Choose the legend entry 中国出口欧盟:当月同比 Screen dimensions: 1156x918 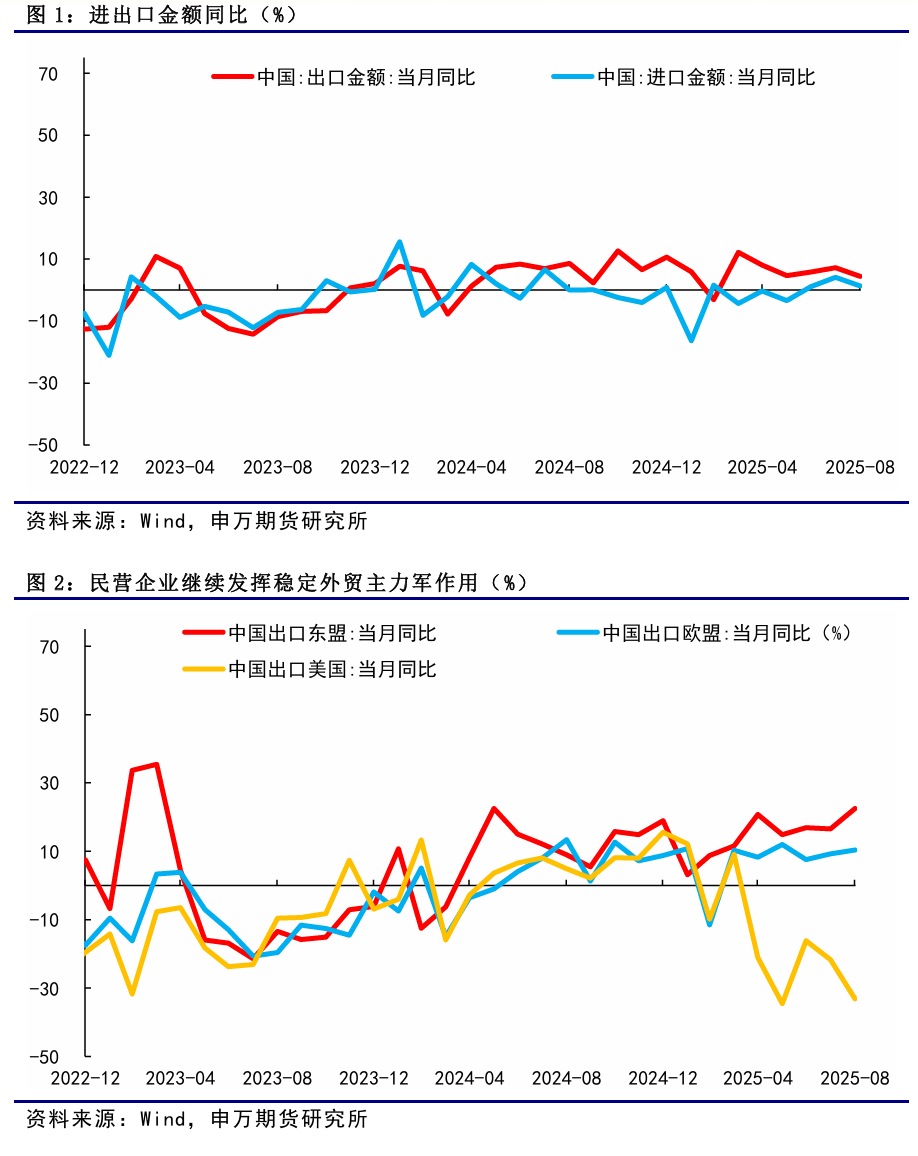[725, 633]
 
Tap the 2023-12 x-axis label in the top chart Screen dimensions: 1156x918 [375, 467]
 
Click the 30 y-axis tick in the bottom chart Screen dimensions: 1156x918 [51, 783]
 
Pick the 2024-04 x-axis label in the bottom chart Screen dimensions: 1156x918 [471, 1079]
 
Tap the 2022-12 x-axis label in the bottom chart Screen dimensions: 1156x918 [85, 1079]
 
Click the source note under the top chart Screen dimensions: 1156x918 [195, 520]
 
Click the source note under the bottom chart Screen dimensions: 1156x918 [195, 1118]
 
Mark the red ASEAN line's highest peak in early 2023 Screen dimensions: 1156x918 [156, 764]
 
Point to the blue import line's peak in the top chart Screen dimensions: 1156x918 [399, 242]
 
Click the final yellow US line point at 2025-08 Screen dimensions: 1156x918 [855, 998]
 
